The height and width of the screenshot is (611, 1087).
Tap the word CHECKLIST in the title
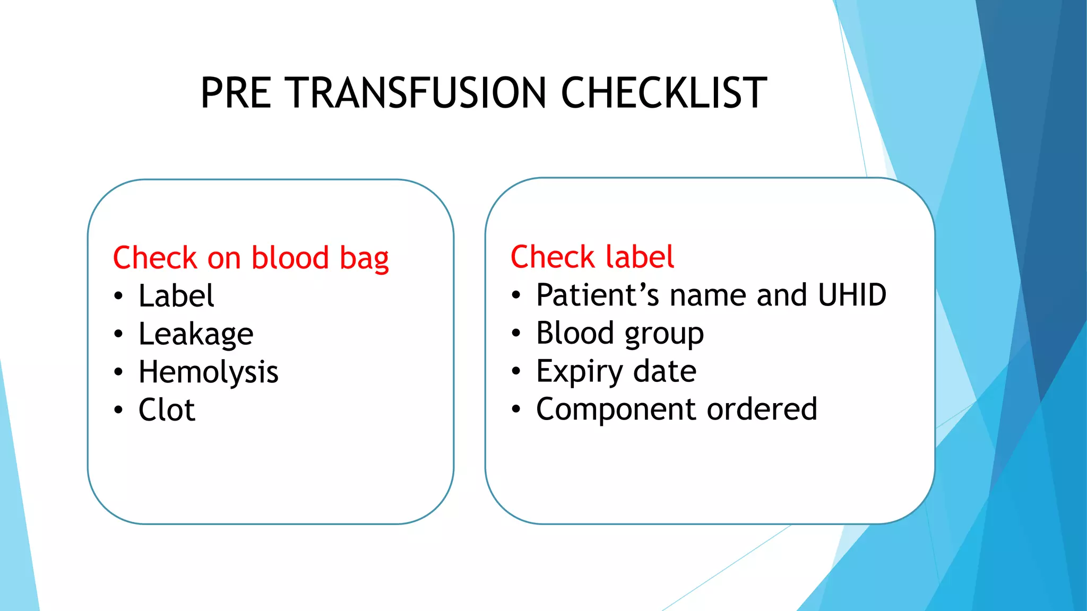pos(663,93)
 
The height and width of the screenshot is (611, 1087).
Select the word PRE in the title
pos(236,93)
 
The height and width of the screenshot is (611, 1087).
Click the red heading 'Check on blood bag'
pos(251,258)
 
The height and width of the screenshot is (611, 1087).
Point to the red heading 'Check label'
pos(592,257)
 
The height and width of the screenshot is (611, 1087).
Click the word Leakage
pos(196,334)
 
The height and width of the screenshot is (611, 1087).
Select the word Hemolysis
pos(208,372)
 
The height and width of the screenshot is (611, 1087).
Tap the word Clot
pos(167,410)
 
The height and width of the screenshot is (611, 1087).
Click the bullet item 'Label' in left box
pos(176,296)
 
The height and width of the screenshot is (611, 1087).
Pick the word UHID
pos(852,295)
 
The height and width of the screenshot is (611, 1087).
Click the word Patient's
pos(598,295)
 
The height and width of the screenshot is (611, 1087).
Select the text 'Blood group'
pos(620,334)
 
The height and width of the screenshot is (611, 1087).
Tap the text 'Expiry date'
pos(616,371)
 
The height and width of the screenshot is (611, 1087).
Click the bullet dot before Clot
pos(118,410)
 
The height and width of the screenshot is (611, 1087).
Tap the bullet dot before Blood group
pos(516,334)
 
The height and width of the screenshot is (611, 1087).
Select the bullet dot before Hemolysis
pos(118,372)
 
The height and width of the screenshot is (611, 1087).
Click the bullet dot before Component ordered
pos(516,409)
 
